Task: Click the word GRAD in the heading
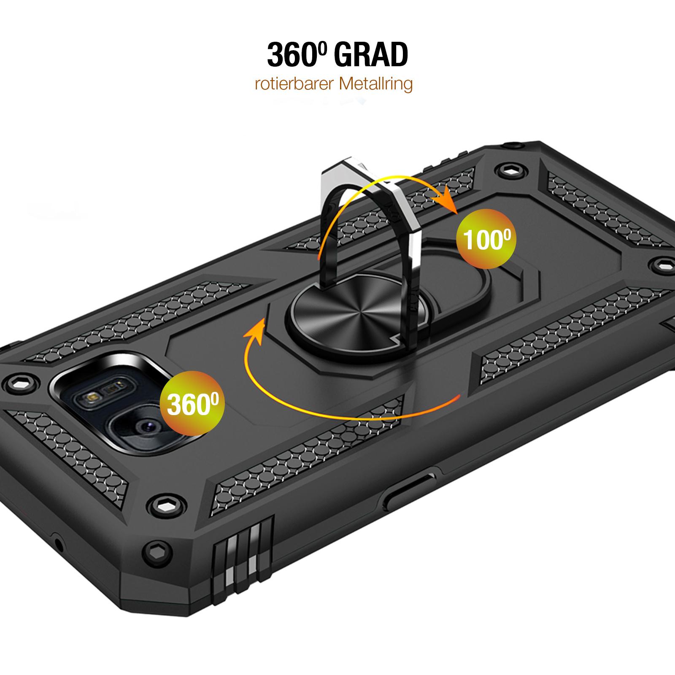[x=371, y=55]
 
